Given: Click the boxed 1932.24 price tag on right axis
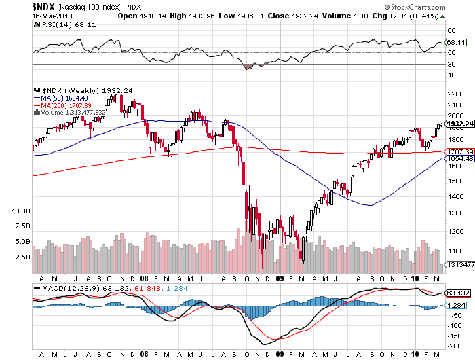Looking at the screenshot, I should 459,123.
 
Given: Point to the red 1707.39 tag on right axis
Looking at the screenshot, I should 459,151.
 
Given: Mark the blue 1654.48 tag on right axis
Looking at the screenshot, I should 459,158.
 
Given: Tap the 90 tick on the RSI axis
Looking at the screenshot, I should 450,31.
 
